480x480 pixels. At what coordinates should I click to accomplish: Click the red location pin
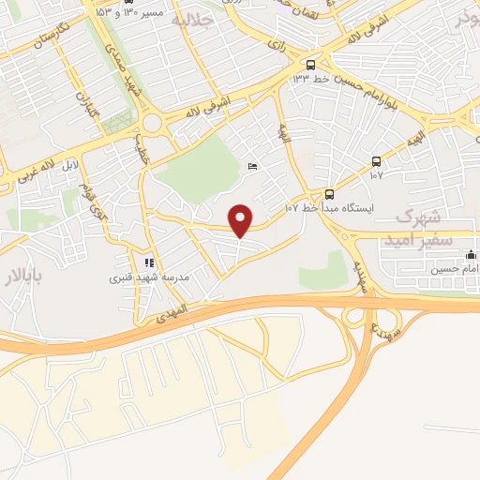coord(242,219)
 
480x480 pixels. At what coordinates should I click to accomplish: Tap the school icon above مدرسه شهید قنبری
coord(148,262)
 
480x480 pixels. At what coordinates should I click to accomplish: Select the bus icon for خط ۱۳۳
coord(310,64)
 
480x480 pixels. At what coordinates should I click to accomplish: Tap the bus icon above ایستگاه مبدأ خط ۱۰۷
coord(329,194)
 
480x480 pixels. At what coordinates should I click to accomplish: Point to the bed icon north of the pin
coord(252,166)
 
